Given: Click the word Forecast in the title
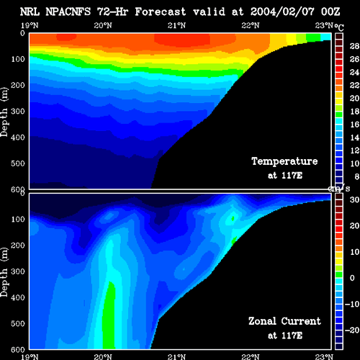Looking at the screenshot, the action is tap(161, 12).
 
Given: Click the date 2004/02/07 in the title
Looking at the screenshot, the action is tap(282, 12).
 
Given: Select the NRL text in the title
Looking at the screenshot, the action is tap(30, 12).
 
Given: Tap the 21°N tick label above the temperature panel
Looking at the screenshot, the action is tap(176, 25).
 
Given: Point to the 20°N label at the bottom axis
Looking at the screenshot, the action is tap(103, 357).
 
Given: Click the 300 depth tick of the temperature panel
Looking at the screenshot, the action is tap(18, 112).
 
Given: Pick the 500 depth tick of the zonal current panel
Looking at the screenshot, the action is tap(18, 323).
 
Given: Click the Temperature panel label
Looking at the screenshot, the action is tap(284, 161).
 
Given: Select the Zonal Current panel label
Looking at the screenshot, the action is tap(284, 321).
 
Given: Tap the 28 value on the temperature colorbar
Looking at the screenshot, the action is tap(354, 46).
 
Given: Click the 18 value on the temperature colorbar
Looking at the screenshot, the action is tap(354, 112).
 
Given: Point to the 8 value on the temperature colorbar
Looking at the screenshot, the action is tap(357, 176).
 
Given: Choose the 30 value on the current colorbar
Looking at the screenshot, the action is tap(354, 199).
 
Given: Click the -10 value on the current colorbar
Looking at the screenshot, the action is tap(352, 304).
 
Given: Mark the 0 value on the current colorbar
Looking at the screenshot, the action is tap(352, 278).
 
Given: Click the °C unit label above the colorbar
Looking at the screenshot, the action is tap(339, 27).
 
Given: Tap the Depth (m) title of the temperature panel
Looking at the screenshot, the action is tap(4, 112).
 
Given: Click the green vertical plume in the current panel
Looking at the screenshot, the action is tap(109, 315).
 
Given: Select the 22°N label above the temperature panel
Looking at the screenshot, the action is tap(251, 25).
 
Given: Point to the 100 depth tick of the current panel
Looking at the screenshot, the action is tap(18, 219).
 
